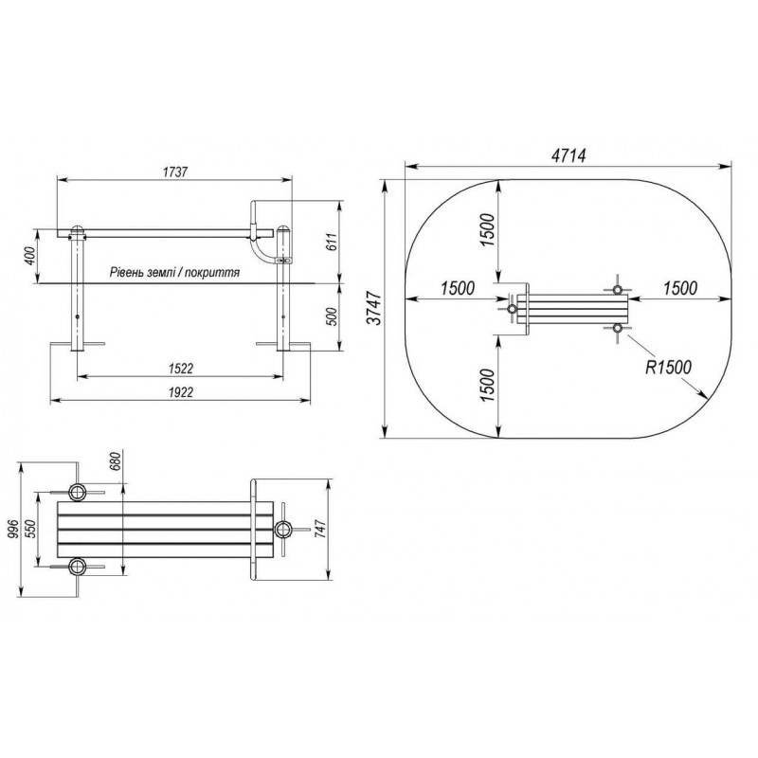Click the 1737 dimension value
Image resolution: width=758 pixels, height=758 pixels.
[175, 172]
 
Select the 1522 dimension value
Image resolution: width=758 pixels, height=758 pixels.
[180, 369]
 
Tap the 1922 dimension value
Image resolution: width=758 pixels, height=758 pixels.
[180, 392]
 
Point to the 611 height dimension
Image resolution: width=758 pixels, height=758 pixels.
[332, 242]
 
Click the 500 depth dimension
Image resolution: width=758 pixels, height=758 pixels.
[333, 316]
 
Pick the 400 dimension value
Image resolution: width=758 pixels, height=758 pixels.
[29, 256]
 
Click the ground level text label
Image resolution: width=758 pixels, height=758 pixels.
[174, 273]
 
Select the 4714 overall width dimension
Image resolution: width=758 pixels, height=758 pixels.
[568, 155]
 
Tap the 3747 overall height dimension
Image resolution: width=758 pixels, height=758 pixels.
[375, 308]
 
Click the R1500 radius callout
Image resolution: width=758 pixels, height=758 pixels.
[669, 368]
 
